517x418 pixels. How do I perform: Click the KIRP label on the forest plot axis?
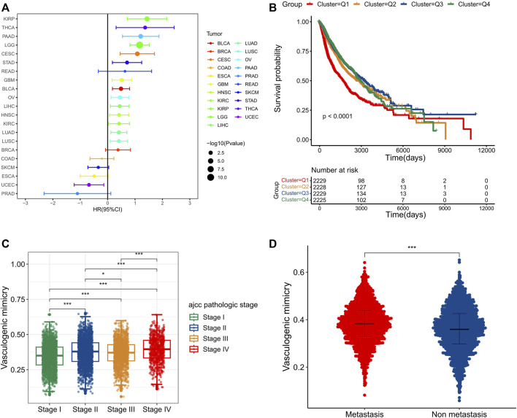pyautogui.click(x=10, y=18)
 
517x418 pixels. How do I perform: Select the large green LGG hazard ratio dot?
pyautogui.click(x=139, y=44)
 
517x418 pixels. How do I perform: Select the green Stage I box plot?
pyautogui.click(x=50, y=356)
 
